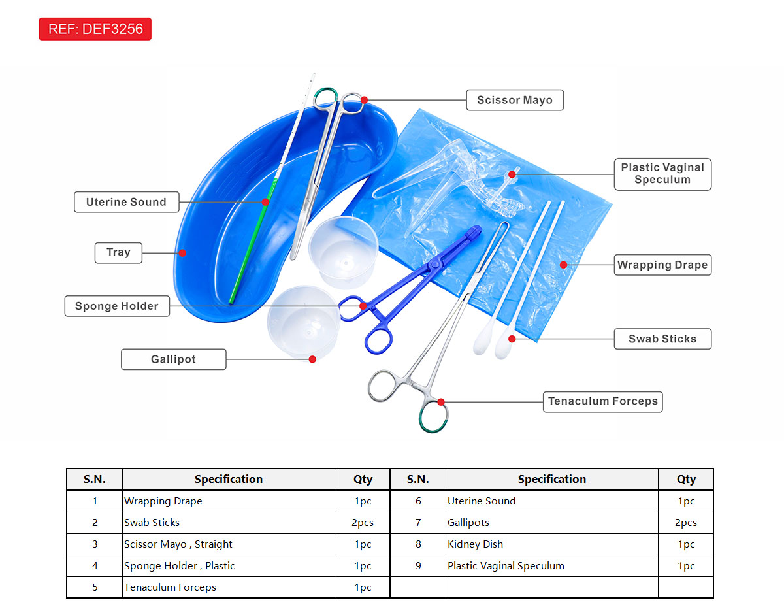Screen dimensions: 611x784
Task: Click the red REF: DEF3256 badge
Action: click(x=95, y=29)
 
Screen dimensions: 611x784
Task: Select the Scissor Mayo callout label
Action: click(x=515, y=100)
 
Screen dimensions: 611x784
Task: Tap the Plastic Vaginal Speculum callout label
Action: click(x=662, y=174)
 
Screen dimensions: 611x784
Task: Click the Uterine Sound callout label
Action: click(x=126, y=202)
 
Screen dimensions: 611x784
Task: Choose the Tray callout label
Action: click(x=118, y=252)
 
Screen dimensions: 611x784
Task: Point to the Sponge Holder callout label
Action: click(x=117, y=306)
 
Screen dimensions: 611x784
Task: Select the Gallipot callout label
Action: click(x=173, y=359)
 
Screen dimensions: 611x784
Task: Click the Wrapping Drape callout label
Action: click(x=662, y=265)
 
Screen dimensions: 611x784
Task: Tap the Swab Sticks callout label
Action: click(x=662, y=339)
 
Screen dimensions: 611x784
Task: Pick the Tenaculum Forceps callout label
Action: click(x=602, y=401)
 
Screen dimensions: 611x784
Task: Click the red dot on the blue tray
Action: click(x=183, y=253)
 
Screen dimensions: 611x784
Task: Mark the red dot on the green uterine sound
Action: click(x=266, y=202)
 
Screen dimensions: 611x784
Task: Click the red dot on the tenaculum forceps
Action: click(x=441, y=402)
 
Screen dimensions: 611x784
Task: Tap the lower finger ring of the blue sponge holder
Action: click(x=379, y=340)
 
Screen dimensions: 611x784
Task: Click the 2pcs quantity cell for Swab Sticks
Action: click(x=363, y=523)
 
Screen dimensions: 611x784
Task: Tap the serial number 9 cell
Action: click(x=418, y=566)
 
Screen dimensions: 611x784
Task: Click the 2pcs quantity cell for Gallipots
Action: click(x=686, y=523)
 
